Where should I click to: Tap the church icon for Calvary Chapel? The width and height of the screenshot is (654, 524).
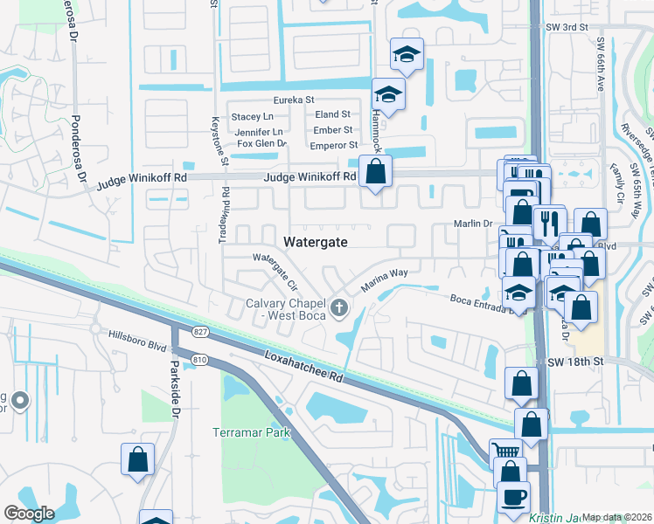pos(340,307)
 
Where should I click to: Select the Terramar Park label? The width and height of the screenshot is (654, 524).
pos(251,432)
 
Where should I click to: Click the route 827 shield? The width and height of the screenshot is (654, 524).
pos(201,333)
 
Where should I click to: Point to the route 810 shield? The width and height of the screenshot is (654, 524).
pos(201,359)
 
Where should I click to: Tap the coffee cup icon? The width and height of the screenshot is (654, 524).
pos(513,495)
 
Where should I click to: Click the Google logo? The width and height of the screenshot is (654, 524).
pos(29,514)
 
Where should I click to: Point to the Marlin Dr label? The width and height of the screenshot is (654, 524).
pos(472,224)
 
